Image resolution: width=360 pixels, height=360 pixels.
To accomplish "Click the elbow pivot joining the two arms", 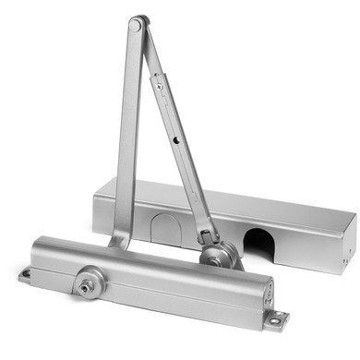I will point(138,24).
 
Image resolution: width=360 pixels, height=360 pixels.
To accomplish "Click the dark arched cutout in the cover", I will point(258,241).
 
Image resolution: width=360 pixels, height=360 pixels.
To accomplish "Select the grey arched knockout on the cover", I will point(167,227).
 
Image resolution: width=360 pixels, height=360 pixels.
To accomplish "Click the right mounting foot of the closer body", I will point(275,319).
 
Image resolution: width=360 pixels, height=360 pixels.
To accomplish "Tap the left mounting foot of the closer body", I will point(25,274).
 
